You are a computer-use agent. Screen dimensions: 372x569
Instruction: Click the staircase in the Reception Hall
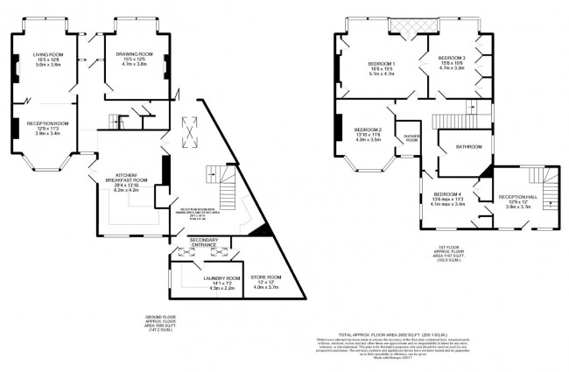pos(548,187)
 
